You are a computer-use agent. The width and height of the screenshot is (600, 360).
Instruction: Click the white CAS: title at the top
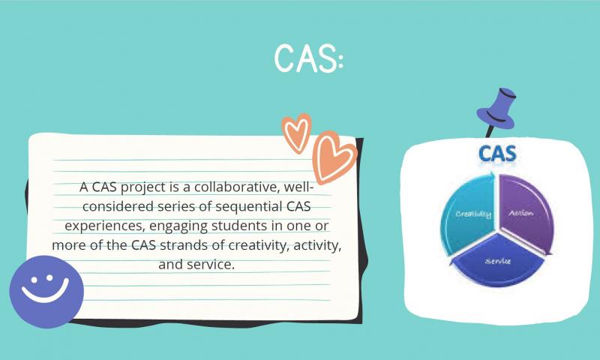click(x=309, y=58)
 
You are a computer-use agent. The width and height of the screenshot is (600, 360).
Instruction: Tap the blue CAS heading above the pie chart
click(x=497, y=154)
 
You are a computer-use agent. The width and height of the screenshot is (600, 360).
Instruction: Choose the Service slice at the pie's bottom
click(x=498, y=260)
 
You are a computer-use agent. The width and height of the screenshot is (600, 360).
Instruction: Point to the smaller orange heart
click(x=296, y=133)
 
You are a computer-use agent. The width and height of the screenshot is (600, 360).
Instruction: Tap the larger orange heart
click(x=333, y=157)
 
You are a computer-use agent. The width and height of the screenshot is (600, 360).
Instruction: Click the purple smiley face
click(x=46, y=292)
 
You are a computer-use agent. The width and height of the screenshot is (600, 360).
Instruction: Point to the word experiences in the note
click(x=105, y=226)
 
